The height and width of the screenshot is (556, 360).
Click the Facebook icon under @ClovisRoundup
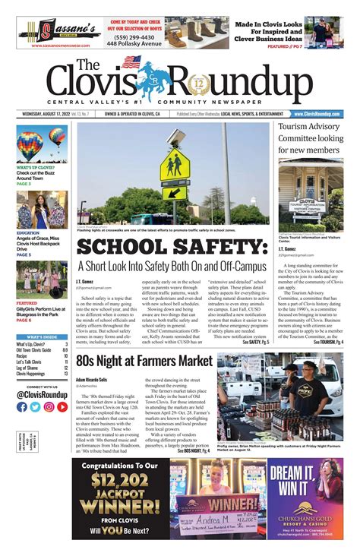tap(22, 406)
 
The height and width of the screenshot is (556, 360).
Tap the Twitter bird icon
tap(35, 406)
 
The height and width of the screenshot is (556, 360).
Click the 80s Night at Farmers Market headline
tap(144, 359)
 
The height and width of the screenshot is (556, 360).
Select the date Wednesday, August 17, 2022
tap(49, 114)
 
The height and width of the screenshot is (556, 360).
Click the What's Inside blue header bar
tap(42, 336)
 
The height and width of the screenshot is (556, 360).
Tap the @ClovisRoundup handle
tap(42, 393)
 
